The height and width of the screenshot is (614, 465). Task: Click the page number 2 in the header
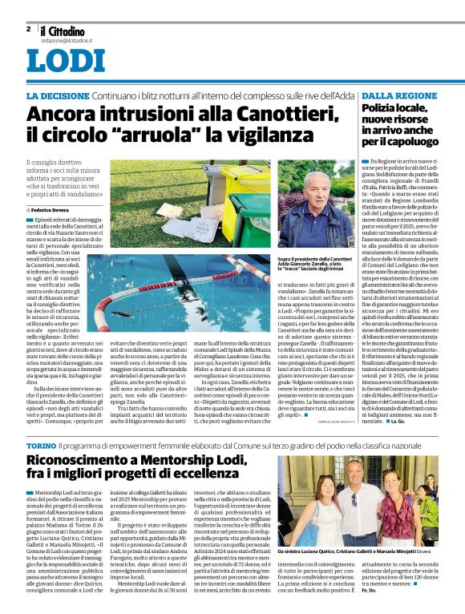[28, 29]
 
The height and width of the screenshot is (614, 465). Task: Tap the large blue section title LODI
[66, 61]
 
